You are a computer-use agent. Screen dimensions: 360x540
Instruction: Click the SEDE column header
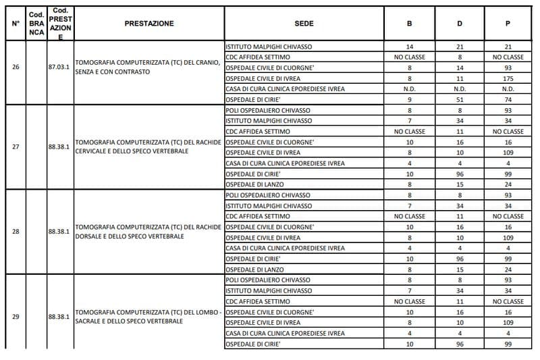click(x=304, y=24)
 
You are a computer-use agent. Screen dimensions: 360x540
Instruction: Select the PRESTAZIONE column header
click(x=149, y=24)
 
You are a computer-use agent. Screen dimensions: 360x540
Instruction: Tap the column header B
click(x=409, y=24)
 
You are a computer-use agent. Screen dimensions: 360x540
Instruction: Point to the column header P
click(x=508, y=24)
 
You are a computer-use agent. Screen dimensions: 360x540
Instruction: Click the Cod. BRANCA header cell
click(x=36, y=24)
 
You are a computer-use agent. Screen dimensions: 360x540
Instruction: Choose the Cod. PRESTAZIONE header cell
click(x=60, y=24)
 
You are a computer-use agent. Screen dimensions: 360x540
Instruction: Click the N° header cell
click(x=16, y=24)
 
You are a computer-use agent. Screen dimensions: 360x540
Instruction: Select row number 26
click(x=16, y=68)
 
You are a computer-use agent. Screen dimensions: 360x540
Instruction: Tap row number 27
click(x=16, y=147)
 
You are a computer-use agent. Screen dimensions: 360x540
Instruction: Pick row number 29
click(x=16, y=316)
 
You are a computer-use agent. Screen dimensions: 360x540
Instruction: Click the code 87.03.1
click(x=59, y=68)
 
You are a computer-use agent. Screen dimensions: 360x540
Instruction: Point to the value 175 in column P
click(x=508, y=78)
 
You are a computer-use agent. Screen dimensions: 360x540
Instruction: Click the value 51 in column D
click(x=460, y=99)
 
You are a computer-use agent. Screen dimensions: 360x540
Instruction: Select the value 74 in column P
click(x=508, y=99)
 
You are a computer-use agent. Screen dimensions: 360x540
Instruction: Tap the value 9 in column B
click(x=409, y=99)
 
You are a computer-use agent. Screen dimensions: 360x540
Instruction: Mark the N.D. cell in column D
click(x=460, y=89)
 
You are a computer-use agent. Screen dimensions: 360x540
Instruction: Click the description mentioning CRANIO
click(x=148, y=68)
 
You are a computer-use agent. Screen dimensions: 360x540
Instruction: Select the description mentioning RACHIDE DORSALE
click(x=148, y=232)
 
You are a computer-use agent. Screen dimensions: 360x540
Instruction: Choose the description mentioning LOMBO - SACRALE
click(x=148, y=316)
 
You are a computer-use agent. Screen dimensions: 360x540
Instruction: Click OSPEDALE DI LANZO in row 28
click(x=254, y=269)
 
